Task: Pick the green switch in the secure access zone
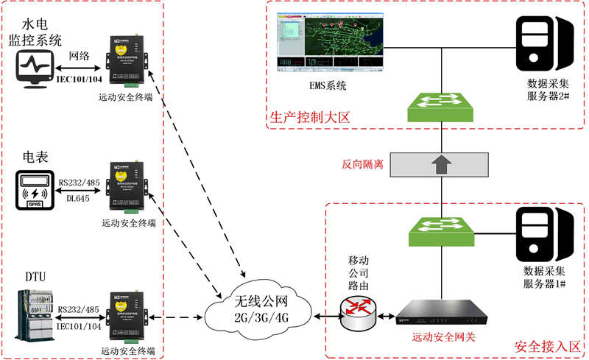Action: pos(442,232)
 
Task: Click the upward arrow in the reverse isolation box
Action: pos(441,163)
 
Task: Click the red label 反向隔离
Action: pos(363,164)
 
